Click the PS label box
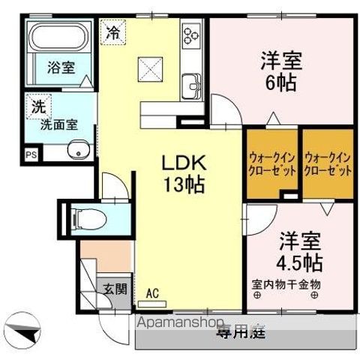[31, 155]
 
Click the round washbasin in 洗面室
[77, 154]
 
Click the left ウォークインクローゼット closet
[272, 164]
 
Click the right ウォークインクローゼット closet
[328, 164]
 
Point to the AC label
[152, 293]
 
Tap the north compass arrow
[22, 327]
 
